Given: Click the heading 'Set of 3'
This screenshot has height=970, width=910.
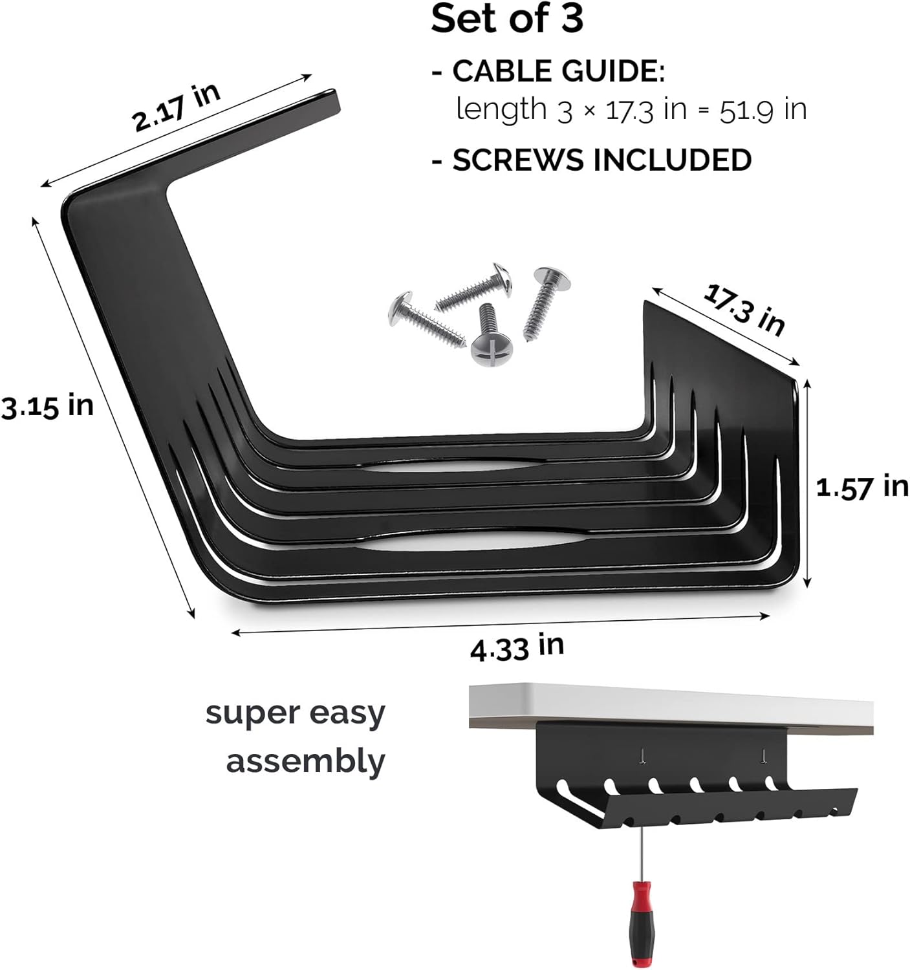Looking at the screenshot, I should (x=506, y=19).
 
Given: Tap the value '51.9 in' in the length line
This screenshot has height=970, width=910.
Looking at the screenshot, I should (x=763, y=109).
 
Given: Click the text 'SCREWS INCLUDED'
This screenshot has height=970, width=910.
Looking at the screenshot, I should (x=601, y=160).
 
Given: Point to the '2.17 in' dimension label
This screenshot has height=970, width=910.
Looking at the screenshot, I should (x=176, y=106).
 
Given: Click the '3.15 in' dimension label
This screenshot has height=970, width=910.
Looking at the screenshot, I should (x=47, y=407).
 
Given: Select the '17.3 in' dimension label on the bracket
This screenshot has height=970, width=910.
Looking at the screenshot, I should (x=744, y=310).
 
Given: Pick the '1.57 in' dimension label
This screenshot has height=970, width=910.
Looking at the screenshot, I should (x=861, y=486).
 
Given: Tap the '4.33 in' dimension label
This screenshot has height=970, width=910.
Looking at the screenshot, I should (x=517, y=647).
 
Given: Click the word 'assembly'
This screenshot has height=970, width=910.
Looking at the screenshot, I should (x=305, y=761).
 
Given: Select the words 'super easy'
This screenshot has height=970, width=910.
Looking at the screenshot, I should (x=295, y=713).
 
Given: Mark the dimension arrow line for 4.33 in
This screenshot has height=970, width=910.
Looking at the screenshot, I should (x=498, y=624).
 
